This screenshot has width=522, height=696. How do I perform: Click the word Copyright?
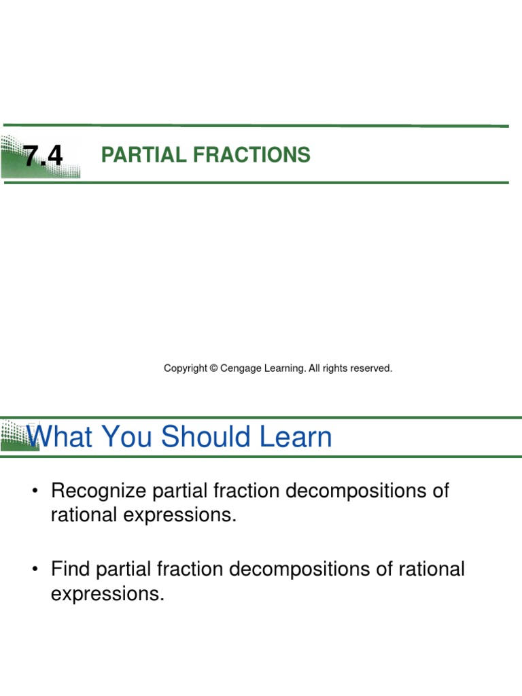click(x=185, y=368)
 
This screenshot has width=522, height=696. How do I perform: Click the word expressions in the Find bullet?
click(x=107, y=594)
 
